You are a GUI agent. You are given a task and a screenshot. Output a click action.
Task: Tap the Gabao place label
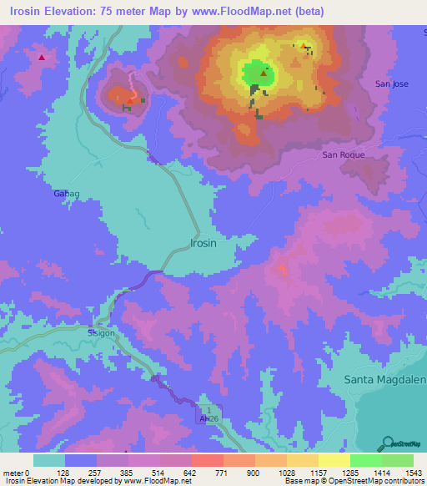(66, 193)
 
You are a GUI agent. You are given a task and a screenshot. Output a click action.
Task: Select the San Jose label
(392, 84)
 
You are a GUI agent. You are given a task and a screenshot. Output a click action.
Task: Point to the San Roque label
(344, 155)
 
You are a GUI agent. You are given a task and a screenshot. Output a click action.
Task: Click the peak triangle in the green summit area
(264, 73)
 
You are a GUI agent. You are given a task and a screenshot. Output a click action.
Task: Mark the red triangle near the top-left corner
(41, 58)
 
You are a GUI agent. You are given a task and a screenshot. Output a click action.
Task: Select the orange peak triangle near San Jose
(303, 47)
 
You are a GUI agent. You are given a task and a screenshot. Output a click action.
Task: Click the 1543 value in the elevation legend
(413, 473)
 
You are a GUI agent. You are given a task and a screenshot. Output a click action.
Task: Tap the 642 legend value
(190, 473)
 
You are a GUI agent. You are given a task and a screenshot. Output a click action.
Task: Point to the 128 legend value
(63, 473)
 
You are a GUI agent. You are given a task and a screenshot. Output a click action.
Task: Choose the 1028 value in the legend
(285, 473)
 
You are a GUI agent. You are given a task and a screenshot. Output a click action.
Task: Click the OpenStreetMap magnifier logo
(389, 443)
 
